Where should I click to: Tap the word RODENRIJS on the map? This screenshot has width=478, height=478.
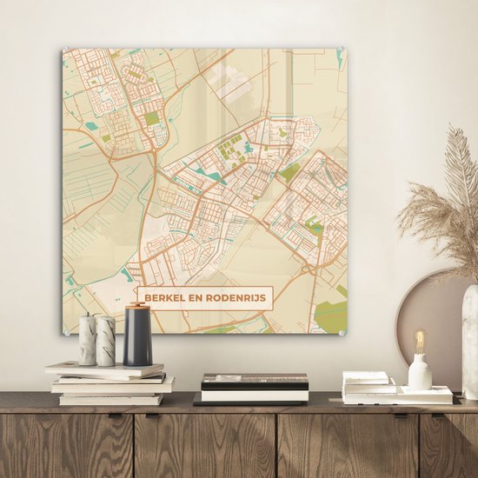point(236,298)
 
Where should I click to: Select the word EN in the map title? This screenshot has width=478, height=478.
point(198,298)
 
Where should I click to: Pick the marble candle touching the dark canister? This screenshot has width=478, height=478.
point(106,341)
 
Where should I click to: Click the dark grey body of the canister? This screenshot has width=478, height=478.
point(138,341)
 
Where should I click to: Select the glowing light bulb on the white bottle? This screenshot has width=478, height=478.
point(420,340)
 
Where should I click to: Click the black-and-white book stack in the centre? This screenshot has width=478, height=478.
point(254,388)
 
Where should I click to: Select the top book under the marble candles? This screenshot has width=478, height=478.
point(104,368)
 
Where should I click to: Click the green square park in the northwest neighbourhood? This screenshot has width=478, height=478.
point(152,118)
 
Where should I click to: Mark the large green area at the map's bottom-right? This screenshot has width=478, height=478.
point(331,312)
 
